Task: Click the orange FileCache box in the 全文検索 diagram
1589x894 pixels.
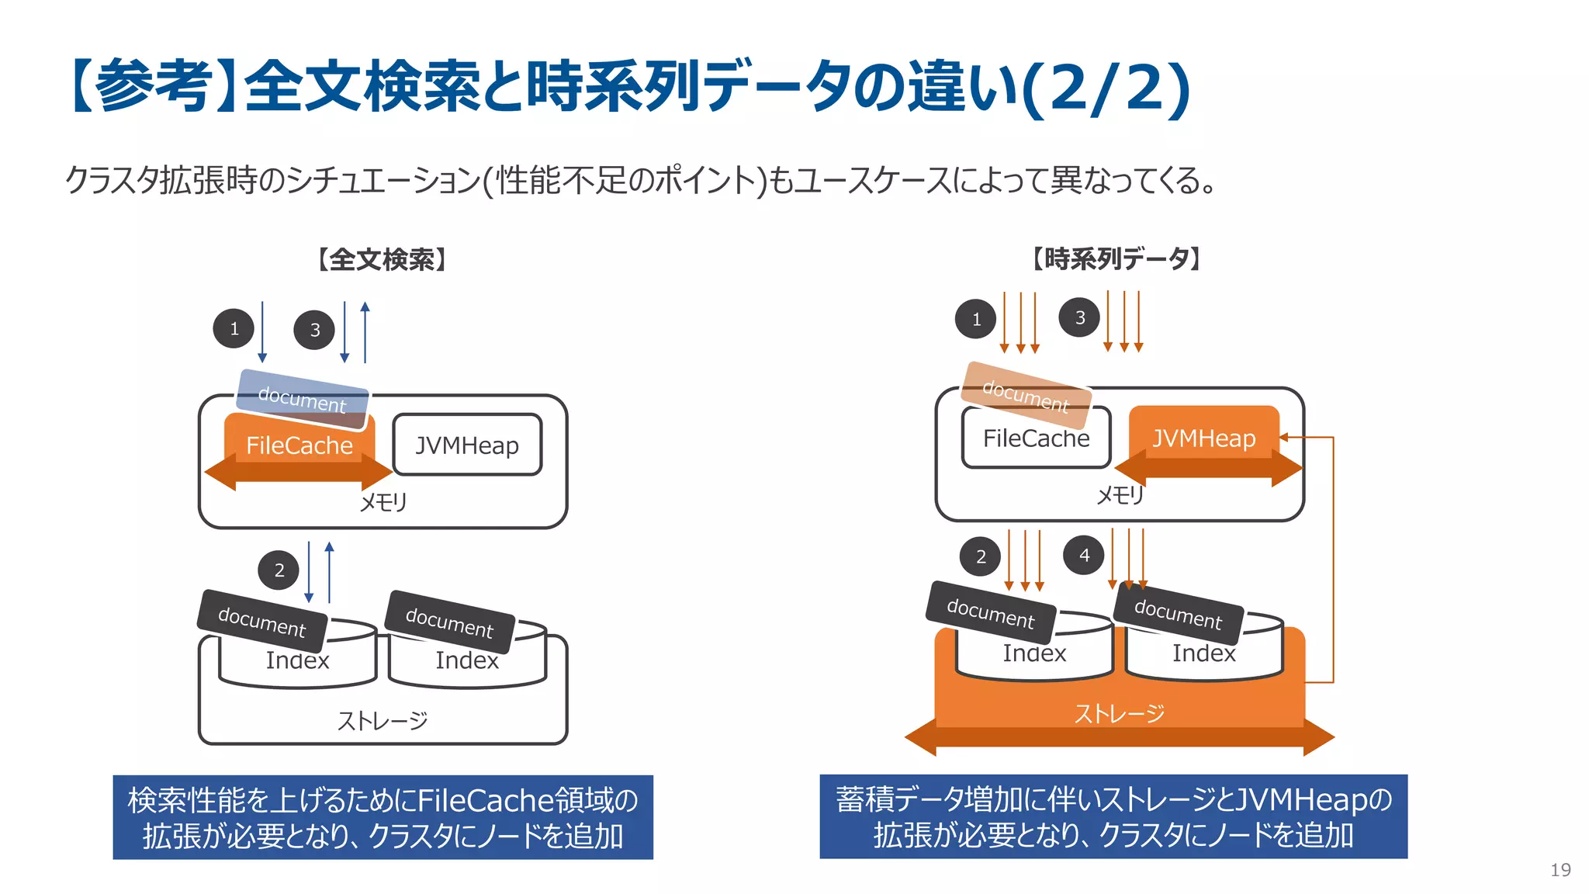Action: click(x=299, y=446)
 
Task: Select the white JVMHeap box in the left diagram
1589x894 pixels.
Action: click(x=467, y=445)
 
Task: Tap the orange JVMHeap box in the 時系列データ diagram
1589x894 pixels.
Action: click(x=1203, y=438)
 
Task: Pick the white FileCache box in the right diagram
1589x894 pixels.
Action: click(x=1036, y=439)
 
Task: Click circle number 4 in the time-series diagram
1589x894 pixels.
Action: click(x=1084, y=556)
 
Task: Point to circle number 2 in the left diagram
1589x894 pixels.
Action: click(x=279, y=570)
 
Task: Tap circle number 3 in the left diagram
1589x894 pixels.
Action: click(x=314, y=330)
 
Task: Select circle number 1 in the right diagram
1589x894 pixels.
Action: click(x=976, y=319)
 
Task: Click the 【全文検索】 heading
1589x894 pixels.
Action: click(x=382, y=259)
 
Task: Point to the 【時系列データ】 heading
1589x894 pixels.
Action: click(x=1116, y=258)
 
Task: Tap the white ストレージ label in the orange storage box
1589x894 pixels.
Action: click(x=1119, y=713)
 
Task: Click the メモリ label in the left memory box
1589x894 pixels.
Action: click(x=383, y=502)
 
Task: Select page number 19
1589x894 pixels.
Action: click(x=1560, y=870)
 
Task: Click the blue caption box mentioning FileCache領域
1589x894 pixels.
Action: click(x=383, y=817)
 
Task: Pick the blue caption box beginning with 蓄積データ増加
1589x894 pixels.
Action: click(x=1113, y=816)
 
